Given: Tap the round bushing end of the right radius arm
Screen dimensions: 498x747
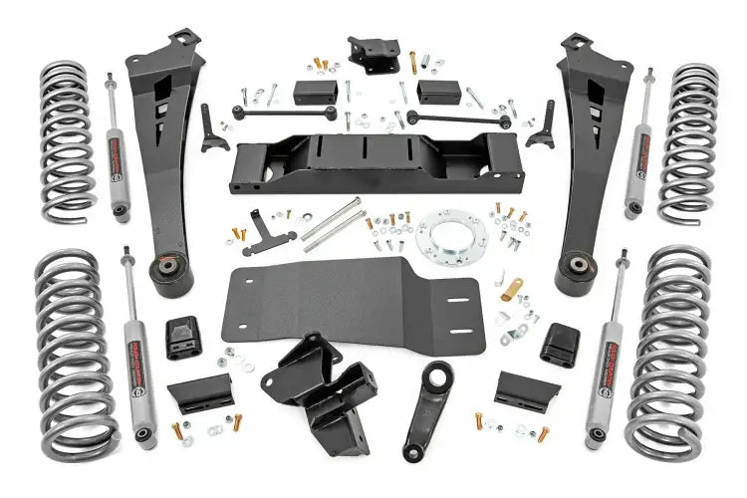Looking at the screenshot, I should tap(576, 269).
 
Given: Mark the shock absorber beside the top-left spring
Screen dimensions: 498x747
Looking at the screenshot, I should tap(118, 149).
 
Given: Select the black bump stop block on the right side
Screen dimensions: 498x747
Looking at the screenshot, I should tap(559, 344).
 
